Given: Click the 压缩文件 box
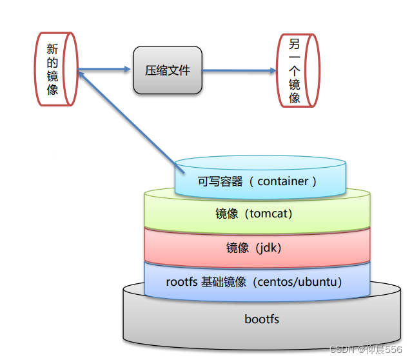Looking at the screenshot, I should [x=168, y=70].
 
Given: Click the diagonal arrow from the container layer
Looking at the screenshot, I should [x=129, y=115].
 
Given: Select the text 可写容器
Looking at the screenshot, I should [x=220, y=181].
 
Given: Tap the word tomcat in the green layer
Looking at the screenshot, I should [x=270, y=214].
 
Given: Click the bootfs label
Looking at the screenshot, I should [x=262, y=319].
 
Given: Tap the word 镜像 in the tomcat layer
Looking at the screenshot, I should [x=227, y=214].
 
